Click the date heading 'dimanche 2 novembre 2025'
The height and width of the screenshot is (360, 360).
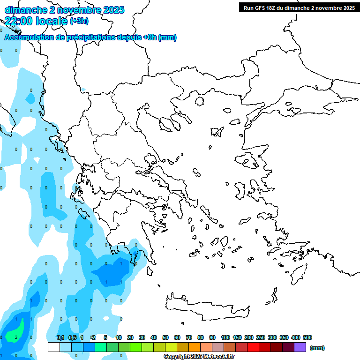[x=64, y=10]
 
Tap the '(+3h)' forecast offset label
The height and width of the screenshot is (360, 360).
[x=78, y=21]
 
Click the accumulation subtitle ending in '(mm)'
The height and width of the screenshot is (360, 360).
[x=90, y=37]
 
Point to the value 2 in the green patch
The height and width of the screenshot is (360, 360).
[x=16, y=337]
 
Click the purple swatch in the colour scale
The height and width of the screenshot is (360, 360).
[x=300, y=347]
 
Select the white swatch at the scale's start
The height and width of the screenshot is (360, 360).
[x=54, y=347]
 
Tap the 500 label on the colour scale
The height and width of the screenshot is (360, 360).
[x=307, y=337]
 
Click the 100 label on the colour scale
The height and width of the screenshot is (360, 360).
[x=225, y=337]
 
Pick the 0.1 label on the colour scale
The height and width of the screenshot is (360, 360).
[x=60, y=337]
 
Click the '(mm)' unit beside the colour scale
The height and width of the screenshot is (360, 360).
[x=317, y=348]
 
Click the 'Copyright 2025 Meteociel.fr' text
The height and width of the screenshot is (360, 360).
[x=199, y=356]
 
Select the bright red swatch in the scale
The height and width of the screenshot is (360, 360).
[x=253, y=347]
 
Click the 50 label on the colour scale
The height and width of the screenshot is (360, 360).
[x=165, y=337]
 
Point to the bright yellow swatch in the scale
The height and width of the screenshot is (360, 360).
[x=171, y=347]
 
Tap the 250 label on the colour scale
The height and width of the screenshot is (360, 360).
[x=261, y=337]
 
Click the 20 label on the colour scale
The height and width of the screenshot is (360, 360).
[x=130, y=337]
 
